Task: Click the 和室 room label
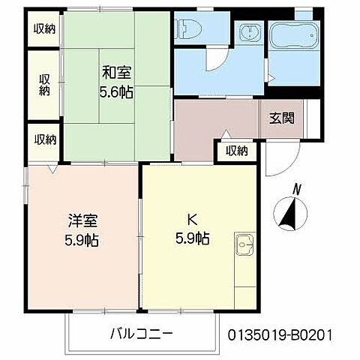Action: coord(117,73)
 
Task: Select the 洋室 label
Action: coord(82,223)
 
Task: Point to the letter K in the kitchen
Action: coord(191,221)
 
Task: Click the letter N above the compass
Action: coord(297,189)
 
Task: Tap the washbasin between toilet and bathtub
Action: coord(248,34)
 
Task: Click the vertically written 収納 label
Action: coord(44,84)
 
